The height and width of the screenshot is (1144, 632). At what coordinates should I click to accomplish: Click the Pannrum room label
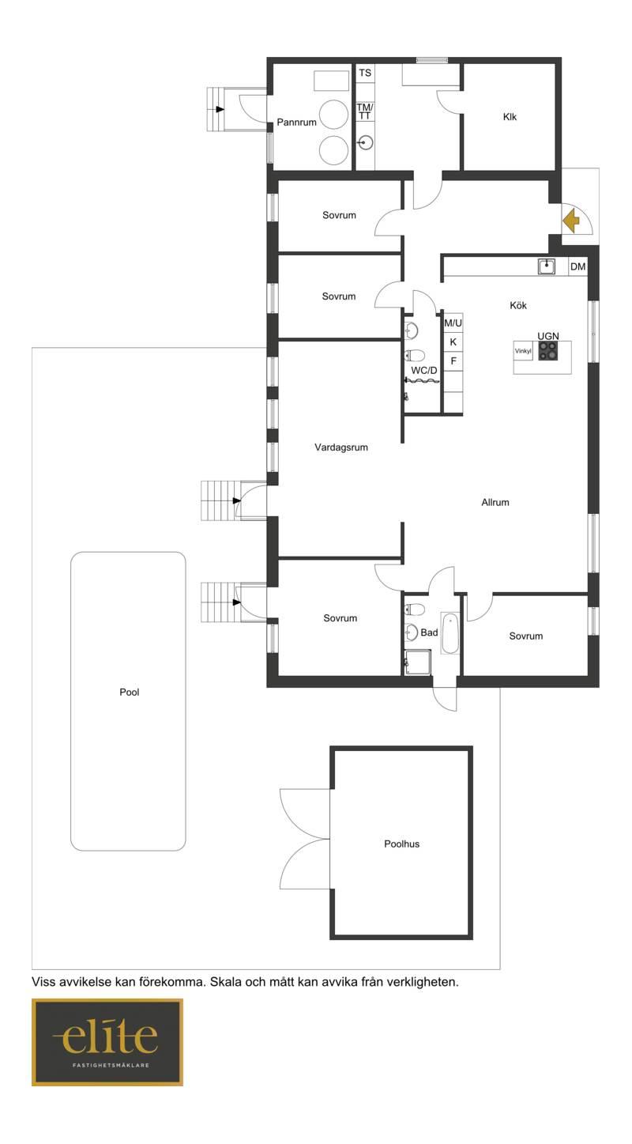coord(296,122)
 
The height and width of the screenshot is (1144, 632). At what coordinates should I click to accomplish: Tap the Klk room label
coord(510,117)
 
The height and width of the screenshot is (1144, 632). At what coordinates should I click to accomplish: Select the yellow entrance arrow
coord(571,221)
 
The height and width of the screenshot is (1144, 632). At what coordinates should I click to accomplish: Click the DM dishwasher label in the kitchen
coord(577,266)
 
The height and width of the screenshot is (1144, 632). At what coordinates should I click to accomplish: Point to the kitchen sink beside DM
coord(546,266)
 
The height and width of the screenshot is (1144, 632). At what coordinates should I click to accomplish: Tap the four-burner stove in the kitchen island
coord(547,351)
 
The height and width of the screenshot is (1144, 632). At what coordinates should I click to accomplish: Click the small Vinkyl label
coord(523,351)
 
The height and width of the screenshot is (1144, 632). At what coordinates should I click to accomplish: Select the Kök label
coord(517,305)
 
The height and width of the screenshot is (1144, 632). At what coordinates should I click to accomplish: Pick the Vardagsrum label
coord(341,447)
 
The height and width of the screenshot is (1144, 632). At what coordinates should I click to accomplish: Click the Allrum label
coord(495,503)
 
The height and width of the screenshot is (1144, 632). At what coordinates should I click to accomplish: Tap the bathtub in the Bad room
coord(450,634)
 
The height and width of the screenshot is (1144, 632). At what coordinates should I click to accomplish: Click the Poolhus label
coord(401,844)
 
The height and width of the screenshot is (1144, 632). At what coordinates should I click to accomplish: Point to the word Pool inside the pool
coord(129,692)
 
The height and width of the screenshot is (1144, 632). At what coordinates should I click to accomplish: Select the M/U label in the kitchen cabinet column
coord(453,323)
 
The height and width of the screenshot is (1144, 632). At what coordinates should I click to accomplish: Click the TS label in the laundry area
coord(364,73)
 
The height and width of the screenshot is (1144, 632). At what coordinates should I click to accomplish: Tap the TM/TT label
coord(364,111)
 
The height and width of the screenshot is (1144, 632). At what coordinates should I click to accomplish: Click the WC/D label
coord(423,370)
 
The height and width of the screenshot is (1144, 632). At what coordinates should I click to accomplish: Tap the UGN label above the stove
coord(547,336)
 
